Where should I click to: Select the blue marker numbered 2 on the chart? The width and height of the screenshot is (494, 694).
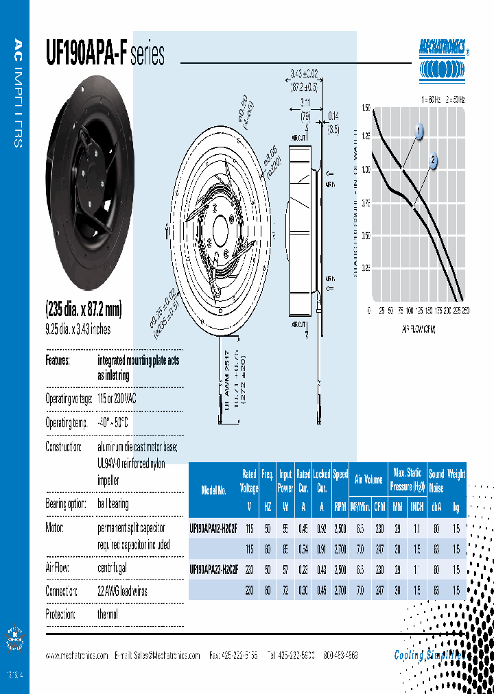433,160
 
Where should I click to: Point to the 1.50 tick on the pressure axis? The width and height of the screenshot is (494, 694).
364,108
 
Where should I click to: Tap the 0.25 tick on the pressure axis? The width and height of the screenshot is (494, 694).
364,268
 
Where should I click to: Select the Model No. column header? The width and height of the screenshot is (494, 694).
214,490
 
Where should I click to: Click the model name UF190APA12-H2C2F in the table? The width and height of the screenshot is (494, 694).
213,528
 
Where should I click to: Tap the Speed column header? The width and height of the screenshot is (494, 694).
340,474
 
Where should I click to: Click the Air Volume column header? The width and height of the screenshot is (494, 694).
368,480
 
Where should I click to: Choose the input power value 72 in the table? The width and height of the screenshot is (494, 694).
285,590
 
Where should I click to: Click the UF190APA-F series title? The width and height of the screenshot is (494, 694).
104,55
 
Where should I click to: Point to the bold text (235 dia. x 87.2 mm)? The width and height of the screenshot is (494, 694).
83,310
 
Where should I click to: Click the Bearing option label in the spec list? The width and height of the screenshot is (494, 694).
66,504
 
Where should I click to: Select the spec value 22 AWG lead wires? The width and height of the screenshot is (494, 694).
122,591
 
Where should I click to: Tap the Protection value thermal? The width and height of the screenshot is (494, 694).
108,614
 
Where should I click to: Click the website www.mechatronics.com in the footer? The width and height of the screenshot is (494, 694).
77,656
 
